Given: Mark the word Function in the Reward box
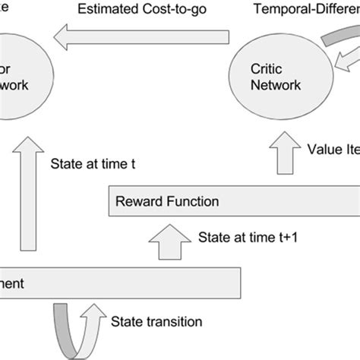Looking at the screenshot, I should point(192,202).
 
